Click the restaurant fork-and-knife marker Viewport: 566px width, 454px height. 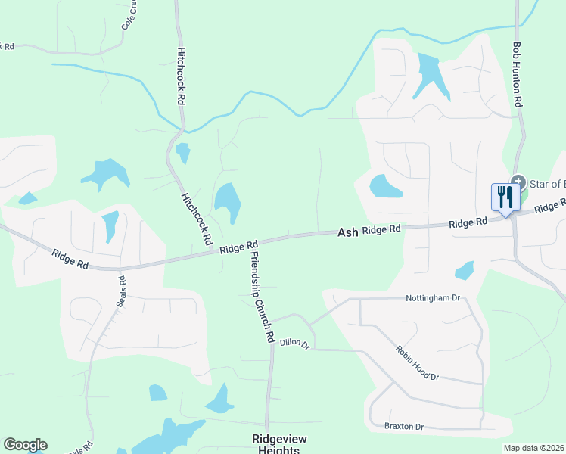coord(503,197)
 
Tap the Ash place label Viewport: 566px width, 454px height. coord(347,234)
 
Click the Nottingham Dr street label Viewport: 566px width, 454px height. coord(433,298)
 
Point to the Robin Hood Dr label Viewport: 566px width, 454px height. coord(417,362)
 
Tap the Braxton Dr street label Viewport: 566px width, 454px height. coord(404,426)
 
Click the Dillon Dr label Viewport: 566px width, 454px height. coord(295,344)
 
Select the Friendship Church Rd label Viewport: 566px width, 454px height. coord(260,296)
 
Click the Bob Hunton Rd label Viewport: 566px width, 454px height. coord(518,73)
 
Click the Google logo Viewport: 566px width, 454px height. coord(25,444)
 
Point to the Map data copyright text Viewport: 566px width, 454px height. coord(534,448)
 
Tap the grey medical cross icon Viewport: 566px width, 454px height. coord(518,181)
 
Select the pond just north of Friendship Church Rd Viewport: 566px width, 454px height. coord(229,203)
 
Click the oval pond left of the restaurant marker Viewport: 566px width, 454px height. coord(385,185)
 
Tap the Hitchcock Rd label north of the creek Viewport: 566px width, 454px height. coord(181,76)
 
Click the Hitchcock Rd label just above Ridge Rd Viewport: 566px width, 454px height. coord(195,218)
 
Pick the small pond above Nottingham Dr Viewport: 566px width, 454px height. coord(465,270)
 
